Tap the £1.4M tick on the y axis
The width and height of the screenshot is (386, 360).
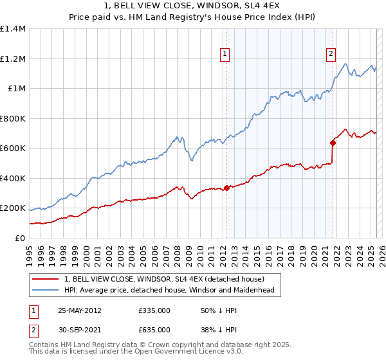pyautogui.click(x=13, y=29)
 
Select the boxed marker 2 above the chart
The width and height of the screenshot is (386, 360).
pyautogui.click(x=331, y=55)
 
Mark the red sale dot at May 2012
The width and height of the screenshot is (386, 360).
pyautogui.click(x=226, y=188)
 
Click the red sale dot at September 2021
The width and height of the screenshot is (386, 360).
pyautogui.click(x=333, y=143)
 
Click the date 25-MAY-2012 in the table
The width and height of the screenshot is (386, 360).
pyautogui.click(x=79, y=310)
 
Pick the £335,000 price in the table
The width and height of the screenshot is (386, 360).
pyautogui.click(x=154, y=310)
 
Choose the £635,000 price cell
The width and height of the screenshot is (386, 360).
pyautogui.click(x=154, y=330)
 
